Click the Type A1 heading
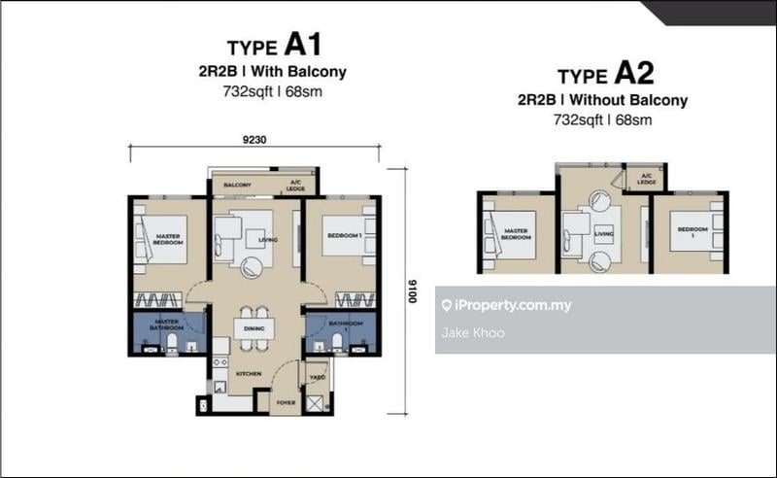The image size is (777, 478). tap(273, 46)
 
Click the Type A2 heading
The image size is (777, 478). tap(601, 75)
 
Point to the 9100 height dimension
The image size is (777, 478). tap(411, 289)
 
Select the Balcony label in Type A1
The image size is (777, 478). tap(238, 185)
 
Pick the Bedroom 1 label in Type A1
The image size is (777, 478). tap(344, 235)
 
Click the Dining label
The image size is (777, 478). tap(253, 329)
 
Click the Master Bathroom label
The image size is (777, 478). tap(166, 326)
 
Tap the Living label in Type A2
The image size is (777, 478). tap(604, 234)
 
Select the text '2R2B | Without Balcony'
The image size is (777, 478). tap(602, 100)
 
